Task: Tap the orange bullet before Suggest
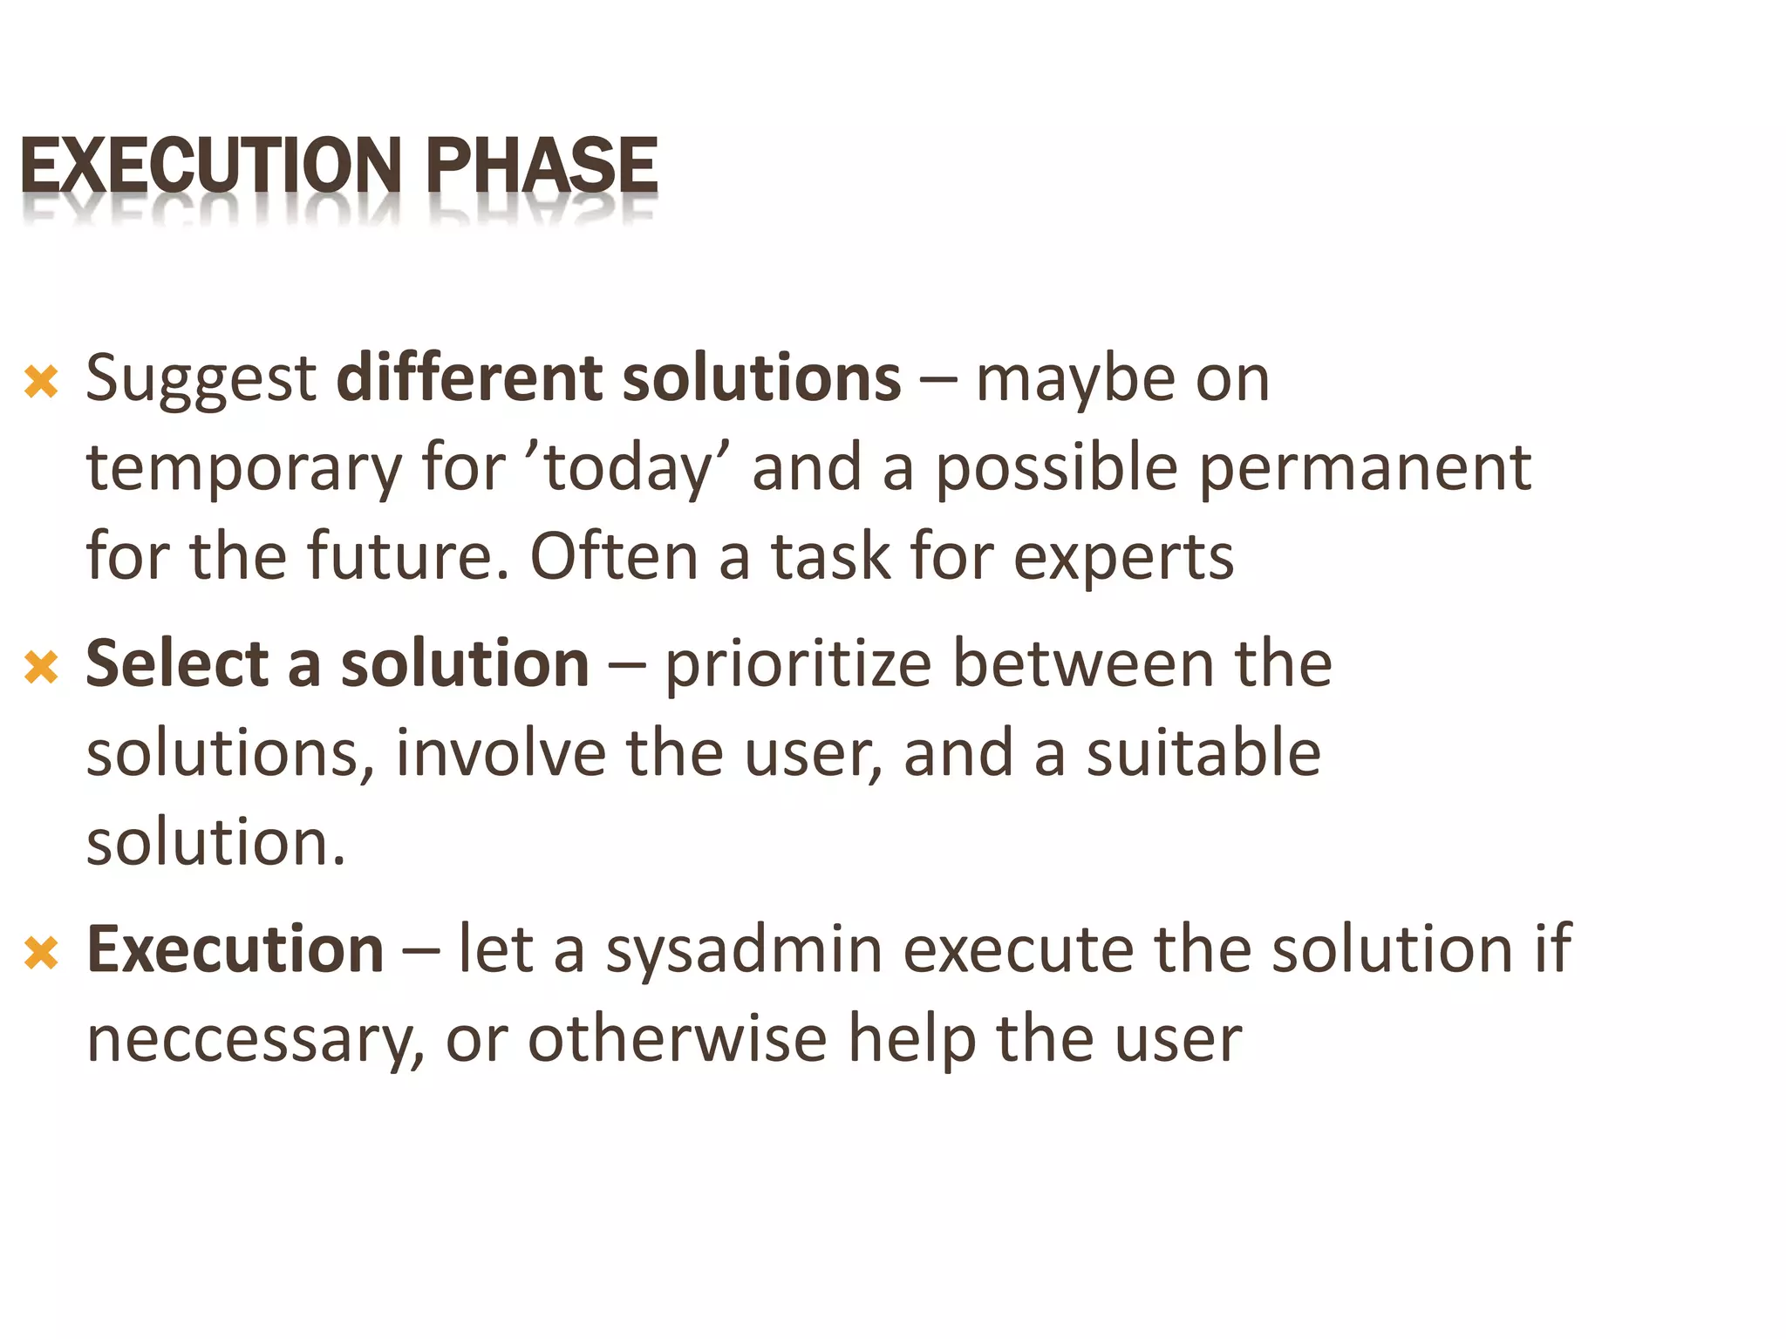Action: click(x=41, y=382)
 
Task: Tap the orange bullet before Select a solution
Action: click(x=41, y=668)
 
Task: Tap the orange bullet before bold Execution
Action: click(x=41, y=952)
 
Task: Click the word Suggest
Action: click(x=201, y=380)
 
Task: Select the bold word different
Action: click(x=467, y=378)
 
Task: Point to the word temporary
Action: click(x=243, y=469)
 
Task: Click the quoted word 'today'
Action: click(x=627, y=469)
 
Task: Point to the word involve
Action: click(x=501, y=753)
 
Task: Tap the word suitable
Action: click(x=1203, y=753)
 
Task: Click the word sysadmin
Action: click(x=745, y=950)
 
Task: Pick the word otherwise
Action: click(x=678, y=1039)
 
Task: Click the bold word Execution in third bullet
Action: click(x=235, y=950)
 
